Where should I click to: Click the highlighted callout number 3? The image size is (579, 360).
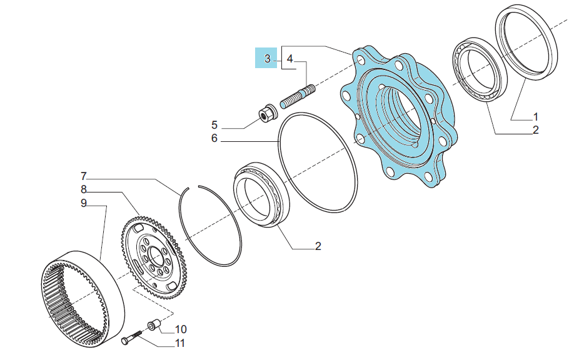(x=268, y=58)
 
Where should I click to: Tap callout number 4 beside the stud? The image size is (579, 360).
(x=290, y=58)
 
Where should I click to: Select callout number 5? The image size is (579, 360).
(x=214, y=125)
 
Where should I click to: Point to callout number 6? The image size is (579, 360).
(x=214, y=138)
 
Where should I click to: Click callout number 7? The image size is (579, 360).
(x=84, y=176)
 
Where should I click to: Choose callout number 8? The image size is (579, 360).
(x=84, y=189)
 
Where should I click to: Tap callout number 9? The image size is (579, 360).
(x=84, y=203)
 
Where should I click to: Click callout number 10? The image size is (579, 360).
(x=181, y=329)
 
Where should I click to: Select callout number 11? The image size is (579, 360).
(x=180, y=343)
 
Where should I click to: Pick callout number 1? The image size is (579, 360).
(x=536, y=117)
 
